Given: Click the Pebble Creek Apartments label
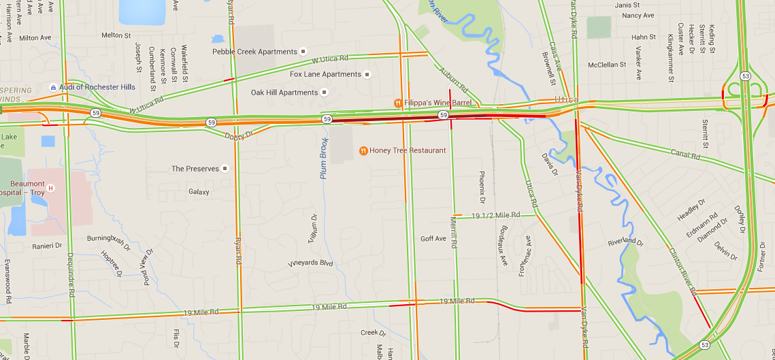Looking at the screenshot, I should click(254, 52).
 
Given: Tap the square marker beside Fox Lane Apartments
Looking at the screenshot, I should click(367, 74).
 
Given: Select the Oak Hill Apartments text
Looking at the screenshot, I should click(284, 93).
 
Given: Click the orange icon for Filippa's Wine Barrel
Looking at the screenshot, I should click(398, 103).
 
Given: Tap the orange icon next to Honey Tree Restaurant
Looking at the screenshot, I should click(363, 150).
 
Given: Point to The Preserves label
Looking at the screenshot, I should click(195, 169).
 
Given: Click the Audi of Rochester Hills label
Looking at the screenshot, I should click(97, 87).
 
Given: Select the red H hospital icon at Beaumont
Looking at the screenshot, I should click(50, 188).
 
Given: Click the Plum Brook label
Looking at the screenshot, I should click(325, 159).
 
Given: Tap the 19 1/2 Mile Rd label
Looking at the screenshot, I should click(495, 215).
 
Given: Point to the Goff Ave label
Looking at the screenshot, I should click(433, 239).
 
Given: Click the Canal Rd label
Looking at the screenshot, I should click(685, 154).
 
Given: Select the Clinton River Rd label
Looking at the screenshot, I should click(683, 270).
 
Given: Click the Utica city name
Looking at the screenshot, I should click(565, 100).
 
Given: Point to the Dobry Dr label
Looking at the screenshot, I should click(238, 135).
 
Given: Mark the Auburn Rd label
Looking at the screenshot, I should click(454, 80).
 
